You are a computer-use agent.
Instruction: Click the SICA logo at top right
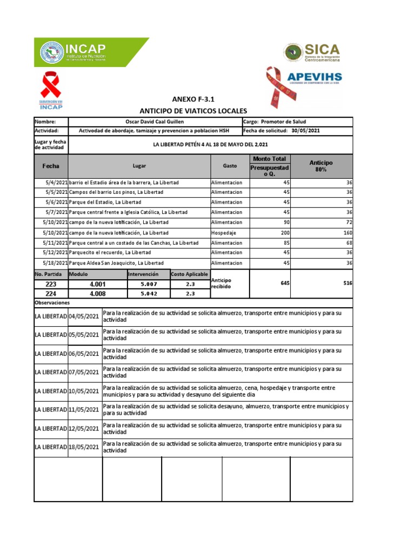click(312, 52)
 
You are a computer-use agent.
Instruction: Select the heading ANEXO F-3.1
click(193, 99)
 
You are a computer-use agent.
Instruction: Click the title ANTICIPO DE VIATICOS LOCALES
click(193, 110)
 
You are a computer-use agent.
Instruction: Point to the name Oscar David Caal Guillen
click(155, 122)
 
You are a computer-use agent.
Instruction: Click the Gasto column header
click(230, 166)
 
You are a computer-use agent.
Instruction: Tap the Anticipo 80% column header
click(322, 166)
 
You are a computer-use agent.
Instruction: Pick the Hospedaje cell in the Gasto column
click(225, 233)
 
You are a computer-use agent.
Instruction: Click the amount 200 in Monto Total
click(286, 233)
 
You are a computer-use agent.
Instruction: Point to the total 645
click(285, 283)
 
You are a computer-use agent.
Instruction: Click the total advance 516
click(346, 283)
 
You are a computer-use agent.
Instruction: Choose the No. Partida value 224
click(51, 294)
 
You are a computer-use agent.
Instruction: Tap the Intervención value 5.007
click(148, 284)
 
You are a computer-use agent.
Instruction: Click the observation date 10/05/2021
click(84, 391)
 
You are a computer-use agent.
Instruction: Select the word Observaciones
click(52, 303)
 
